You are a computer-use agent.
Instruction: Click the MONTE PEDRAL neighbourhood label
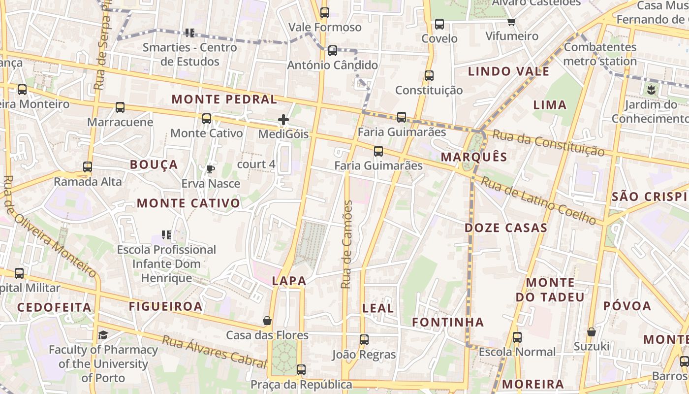pyautogui.click(x=224, y=99)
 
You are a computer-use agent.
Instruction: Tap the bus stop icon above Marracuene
pyautogui.click(x=120, y=107)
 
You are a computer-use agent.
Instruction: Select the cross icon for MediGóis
pyautogui.click(x=283, y=120)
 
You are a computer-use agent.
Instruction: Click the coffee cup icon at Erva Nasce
pyautogui.click(x=211, y=169)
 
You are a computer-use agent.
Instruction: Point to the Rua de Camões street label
pyautogui.click(x=347, y=245)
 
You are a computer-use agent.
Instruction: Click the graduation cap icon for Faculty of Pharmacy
pyautogui.click(x=103, y=335)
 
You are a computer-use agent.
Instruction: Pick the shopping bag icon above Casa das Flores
pyautogui.click(x=267, y=321)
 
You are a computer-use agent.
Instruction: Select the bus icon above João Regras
pyautogui.click(x=364, y=340)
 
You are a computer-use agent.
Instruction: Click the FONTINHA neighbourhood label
pyautogui.click(x=448, y=323)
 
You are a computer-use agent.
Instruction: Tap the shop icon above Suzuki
pyautogui.click(x=592, y=332)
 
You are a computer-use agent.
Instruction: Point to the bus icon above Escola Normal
pyautogui.click(x=517, y=337)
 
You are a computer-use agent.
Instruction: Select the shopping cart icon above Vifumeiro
pyautogui.click(x=512, y=22)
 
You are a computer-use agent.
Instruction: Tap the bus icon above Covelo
pyautogui.click(x=439, y=24)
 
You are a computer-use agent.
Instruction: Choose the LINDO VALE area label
pyautogui.click(x=508, y=71)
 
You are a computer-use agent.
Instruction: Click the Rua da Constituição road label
pyautogui.click(x=548, y=143)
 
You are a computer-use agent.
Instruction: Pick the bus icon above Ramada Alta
pyautogui.click(x=88, y=167)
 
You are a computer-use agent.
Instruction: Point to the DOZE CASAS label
pyautogui.click(x=506, y=228)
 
